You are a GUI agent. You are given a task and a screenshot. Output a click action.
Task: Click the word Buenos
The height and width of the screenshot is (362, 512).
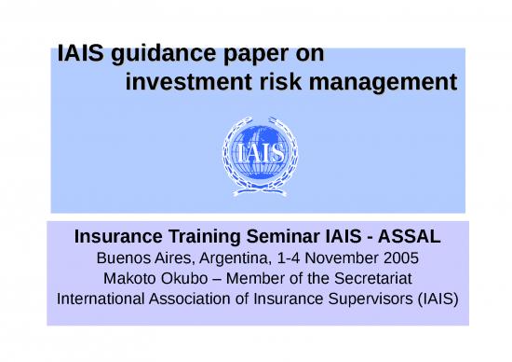[x=125, y=258]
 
